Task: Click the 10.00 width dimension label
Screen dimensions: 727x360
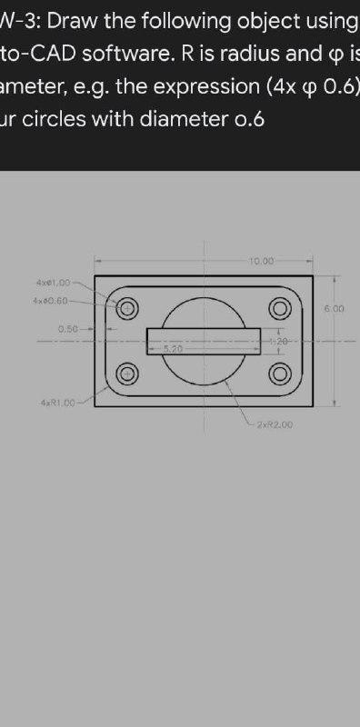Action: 260,261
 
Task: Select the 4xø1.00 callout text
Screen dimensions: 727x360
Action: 52,284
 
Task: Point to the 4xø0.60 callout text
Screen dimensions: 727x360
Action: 52,300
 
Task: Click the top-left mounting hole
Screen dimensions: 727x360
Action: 128,306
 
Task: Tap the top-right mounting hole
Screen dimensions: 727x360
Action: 279,306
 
